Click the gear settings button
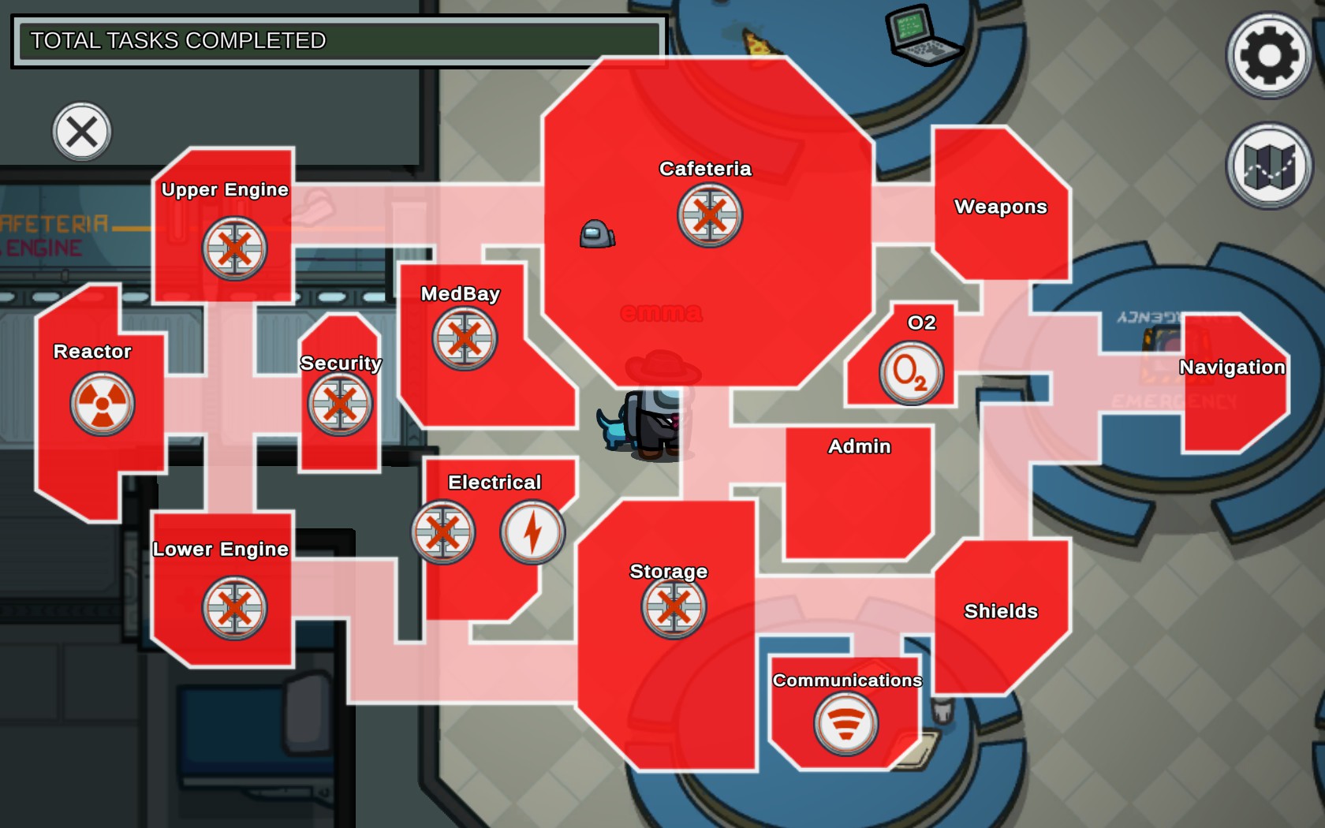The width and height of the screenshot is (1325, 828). [1268, 55]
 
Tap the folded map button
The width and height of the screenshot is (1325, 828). [1268, 166]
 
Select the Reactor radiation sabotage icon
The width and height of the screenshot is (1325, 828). [102, 404]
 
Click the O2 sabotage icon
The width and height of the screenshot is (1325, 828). [911, 372]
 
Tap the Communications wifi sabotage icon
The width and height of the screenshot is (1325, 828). [845, 723]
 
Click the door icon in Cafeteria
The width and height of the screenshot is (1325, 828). [709, 214]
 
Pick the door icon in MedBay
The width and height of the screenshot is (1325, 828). [464, 339]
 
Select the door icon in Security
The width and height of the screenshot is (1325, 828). [339, 404]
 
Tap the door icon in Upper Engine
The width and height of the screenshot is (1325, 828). [234, 248]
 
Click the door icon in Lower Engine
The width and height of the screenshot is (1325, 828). [234, 608]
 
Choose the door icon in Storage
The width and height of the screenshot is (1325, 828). [673, 606]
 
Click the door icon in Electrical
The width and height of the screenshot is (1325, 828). [442, 532]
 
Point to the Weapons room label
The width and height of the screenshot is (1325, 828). [1000, 207]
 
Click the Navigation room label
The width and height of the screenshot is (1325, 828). [1232, 367]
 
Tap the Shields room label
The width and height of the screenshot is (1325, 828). [1000, 611]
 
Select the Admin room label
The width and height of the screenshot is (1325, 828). [859, 446]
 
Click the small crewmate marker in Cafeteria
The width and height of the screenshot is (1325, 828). [597, 234]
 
